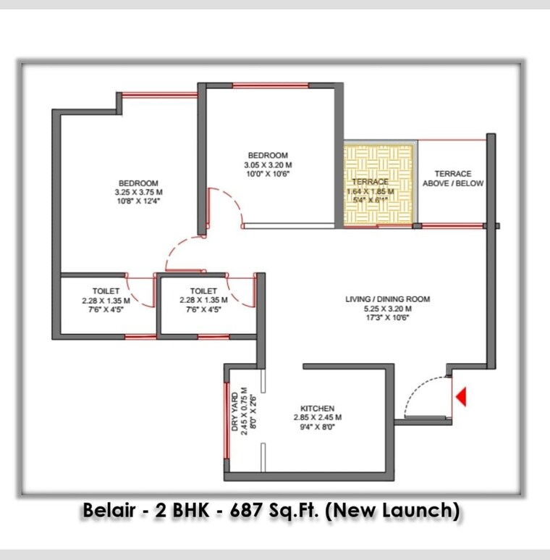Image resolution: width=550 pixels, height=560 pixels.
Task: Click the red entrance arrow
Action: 460,396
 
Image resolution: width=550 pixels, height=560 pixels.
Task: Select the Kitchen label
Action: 318,409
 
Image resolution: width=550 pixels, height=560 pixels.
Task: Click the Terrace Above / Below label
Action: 453,178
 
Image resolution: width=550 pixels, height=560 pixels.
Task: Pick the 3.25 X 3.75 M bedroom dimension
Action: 138,192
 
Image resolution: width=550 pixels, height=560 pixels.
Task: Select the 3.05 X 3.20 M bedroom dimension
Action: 268,164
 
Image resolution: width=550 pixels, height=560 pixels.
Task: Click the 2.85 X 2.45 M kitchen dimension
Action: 318,417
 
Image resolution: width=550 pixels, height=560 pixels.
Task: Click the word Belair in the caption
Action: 108,511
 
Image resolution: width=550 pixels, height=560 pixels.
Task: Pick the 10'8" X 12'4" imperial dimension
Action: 138,201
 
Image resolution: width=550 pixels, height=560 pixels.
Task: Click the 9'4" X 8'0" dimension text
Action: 318,427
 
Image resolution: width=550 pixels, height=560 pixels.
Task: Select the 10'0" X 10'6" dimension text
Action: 268,174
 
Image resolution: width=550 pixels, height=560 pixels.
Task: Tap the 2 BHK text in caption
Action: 185,511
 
